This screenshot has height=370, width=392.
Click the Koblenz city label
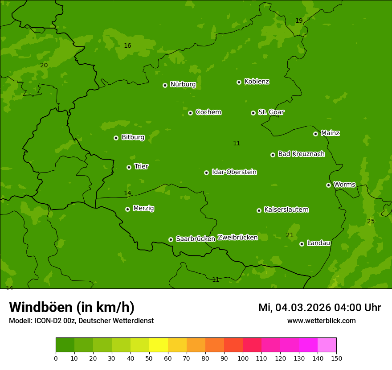click(x=257, y=82)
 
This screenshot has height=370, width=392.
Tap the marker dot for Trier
click(x=129, y=167)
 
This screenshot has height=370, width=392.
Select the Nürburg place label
click(x=183, y=84)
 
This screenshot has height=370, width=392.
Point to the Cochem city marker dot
click(x=190, y=113)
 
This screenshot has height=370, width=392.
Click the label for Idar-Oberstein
click(x=234, y=172)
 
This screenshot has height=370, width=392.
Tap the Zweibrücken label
click(x=237, y=238)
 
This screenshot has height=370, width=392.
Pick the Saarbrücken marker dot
click(x=171, y=239)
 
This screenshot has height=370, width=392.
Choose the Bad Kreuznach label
click(x=301, y=154)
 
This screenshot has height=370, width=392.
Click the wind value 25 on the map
click(x=371, y=222)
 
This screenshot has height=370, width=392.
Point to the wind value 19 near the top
click(x=299, y=21)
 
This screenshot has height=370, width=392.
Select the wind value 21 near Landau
click(x=290, y=235)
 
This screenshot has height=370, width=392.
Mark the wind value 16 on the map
click(x=127, y=46)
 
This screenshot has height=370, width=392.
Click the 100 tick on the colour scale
click(x=243, y=358)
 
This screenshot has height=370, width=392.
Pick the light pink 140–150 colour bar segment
click(x=327, y=345)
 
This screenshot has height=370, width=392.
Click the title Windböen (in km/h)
click(x=72, y=307)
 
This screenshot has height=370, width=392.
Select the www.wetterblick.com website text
click(x=321, y=321)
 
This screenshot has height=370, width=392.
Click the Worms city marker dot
click(x=328, y=185)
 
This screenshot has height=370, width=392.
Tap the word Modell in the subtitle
click(x=20, y=321)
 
